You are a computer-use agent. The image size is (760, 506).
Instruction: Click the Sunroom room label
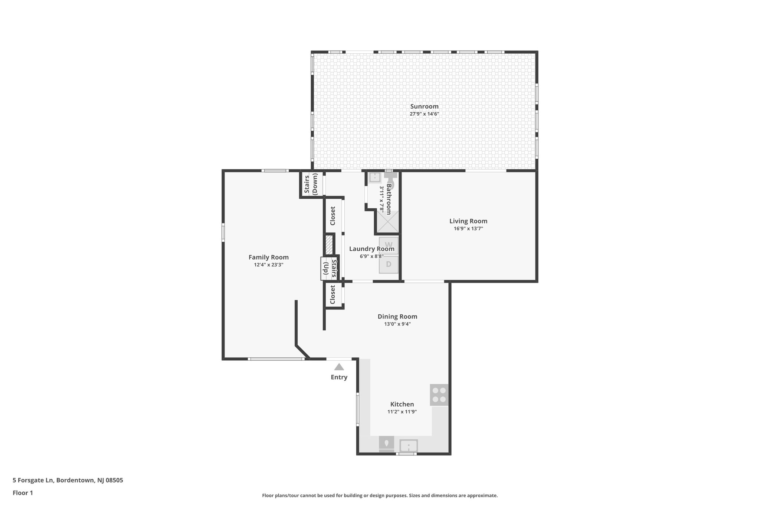(424, 106)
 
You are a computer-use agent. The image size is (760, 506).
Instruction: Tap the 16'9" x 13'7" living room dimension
(468, 229)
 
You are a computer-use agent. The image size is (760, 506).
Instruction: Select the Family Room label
(268, 257)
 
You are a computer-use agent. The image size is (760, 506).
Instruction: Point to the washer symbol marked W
(389, 245)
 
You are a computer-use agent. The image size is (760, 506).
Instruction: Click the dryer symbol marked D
(389, 264)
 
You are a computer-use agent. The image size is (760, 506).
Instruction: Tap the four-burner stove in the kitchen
(439, 395)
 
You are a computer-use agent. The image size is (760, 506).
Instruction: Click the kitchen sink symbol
(409, 445)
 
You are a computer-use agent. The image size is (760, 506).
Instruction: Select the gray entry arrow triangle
(339, 367)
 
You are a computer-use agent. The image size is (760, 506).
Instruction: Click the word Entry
(339, 377)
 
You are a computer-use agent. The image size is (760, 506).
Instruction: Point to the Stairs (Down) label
(311, 184)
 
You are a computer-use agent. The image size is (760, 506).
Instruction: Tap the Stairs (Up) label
(330, 268)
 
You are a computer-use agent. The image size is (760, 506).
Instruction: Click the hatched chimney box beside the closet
(329, 245)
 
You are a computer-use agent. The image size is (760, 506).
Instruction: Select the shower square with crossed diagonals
(387, 222)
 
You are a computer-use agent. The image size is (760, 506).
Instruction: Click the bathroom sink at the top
(374, 178)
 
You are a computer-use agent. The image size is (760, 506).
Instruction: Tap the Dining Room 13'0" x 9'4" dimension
(397, 324)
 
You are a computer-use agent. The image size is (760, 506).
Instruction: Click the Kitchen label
(402, 404)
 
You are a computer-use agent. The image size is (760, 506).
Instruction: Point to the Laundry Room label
(371, 249)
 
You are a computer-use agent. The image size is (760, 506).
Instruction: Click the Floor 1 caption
(23, 493)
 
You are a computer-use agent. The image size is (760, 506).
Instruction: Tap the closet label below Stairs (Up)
(332, 295)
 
